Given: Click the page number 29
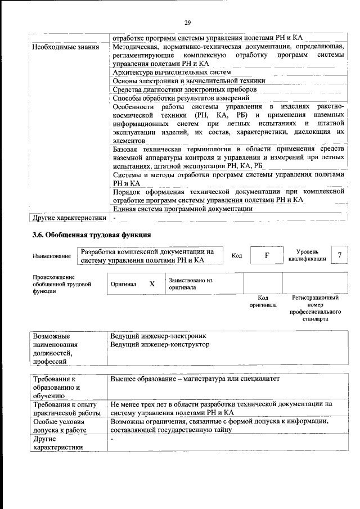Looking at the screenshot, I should pos(188,22).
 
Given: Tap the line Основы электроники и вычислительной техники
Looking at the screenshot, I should pos(188,81).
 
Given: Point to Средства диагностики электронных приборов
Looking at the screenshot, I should pos(184,89).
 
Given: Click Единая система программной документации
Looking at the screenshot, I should pos(182,208).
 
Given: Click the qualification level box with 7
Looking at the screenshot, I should pos(339,255).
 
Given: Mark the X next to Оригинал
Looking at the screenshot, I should pos(152,284).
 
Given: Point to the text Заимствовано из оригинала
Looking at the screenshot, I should pos(190,283).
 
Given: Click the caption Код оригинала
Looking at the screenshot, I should pos(263,301).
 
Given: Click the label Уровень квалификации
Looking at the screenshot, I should pos(307,255).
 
